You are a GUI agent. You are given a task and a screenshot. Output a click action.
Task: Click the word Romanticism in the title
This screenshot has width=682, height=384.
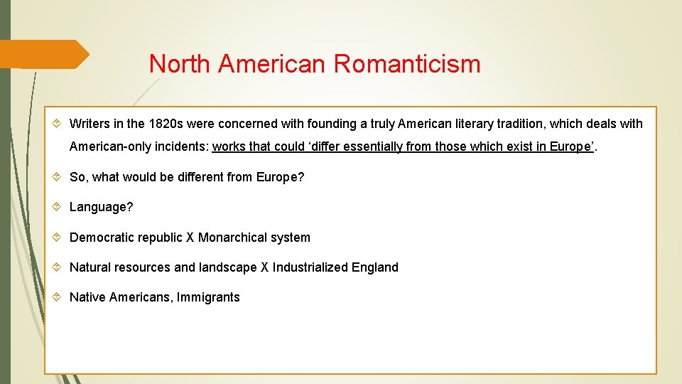(x=407, y=64)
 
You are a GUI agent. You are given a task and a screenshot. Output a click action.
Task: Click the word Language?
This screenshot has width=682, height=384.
(x=101, y=207)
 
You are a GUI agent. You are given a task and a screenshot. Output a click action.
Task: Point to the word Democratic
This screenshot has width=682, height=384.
(x=99, y=238)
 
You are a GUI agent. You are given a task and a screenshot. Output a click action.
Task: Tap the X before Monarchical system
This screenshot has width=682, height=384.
(x=190, y=238)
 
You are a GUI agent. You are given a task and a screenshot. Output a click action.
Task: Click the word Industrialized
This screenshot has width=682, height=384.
(x=310, y=267)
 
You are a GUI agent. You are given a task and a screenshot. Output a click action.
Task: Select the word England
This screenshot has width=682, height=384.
(x=375, y=267)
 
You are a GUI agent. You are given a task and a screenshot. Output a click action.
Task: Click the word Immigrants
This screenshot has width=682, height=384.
(x=211, y=297)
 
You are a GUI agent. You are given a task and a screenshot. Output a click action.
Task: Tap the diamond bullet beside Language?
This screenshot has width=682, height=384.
(x=58, y=207)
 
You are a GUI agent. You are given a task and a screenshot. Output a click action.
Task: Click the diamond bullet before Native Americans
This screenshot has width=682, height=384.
(x=58, y=297)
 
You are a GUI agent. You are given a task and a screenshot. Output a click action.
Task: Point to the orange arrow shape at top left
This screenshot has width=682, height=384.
(x=43, y=54)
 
